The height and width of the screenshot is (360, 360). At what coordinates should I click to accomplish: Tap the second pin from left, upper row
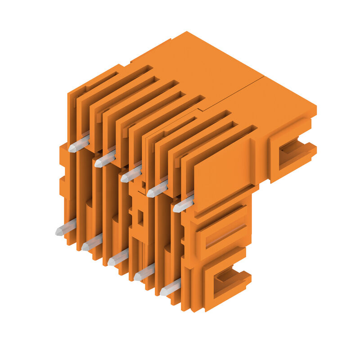[105, 160]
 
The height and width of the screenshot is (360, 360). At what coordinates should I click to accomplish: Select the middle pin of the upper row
[131, 175]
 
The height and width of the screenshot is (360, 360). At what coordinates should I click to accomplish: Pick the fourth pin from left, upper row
[157, 189]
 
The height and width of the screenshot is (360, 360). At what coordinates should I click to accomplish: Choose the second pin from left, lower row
[92, 243]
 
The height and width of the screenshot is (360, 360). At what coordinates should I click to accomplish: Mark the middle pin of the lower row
[118, 258]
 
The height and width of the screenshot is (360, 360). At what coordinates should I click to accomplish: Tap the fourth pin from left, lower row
[144, 273]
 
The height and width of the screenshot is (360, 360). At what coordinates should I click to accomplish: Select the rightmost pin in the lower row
[170, 288]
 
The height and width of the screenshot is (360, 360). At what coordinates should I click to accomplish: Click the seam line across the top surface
[234, 92]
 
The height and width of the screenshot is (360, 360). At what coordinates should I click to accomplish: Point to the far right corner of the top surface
[316, 107]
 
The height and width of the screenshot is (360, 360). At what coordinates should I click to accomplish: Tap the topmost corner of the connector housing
[187, 32]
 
